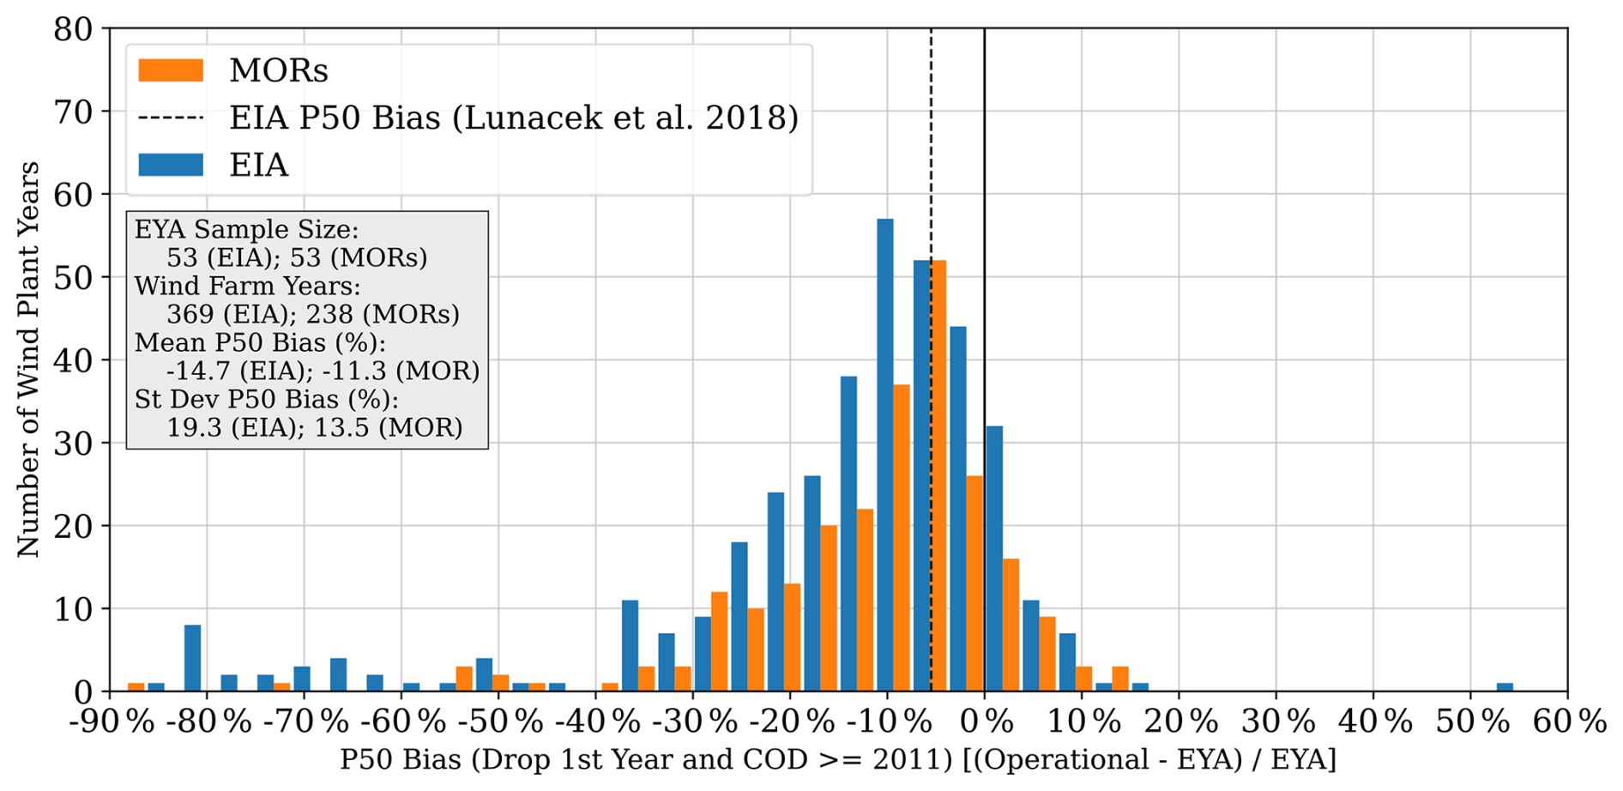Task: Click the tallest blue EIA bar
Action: click(884, 455)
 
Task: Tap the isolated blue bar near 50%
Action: click(1504, 686)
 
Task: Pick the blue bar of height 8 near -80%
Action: click(193, 658)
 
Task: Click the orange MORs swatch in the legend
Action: click(171, 70)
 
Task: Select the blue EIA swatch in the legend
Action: click(171, 164)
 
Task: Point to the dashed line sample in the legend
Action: click(171, 118)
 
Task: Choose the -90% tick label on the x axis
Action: click(112, 722)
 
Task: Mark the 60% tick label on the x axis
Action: click(1569, 722)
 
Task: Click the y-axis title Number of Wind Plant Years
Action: click(28, 359)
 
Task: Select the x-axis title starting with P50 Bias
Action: click(837, 761)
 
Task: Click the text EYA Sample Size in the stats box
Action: click(246, 230)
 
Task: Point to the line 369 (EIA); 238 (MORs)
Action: click(313, 314)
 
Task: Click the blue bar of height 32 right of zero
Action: click(994, 559)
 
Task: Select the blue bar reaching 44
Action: click(957, 509)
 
